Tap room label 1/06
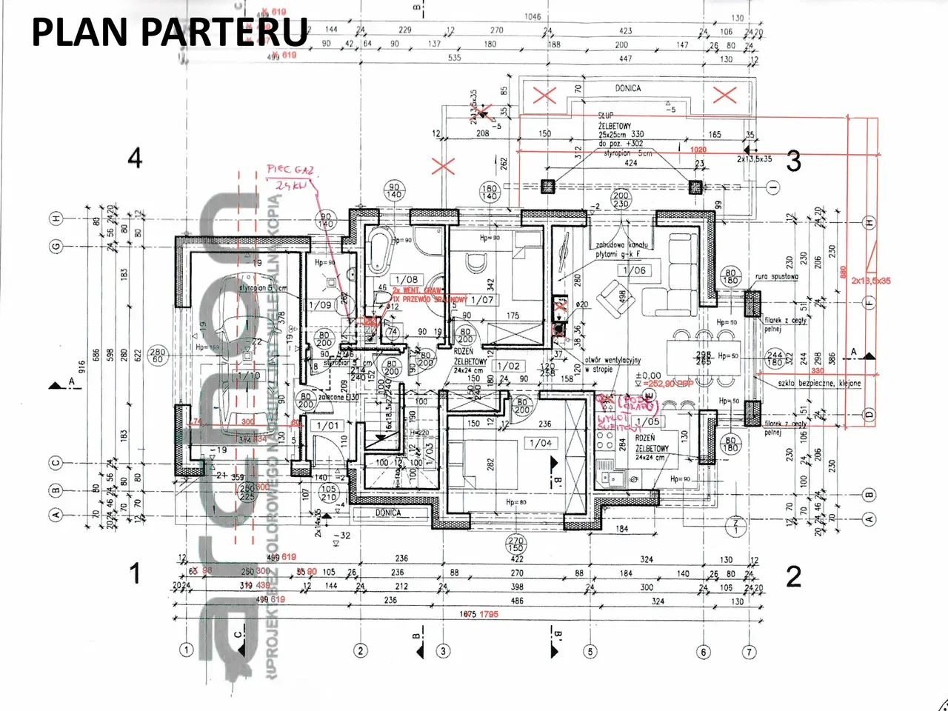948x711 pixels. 634,271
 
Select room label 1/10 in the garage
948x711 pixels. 250,376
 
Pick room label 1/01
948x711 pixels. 327,426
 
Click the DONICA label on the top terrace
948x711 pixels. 627,88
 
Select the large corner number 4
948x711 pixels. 135,158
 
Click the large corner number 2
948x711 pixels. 793,575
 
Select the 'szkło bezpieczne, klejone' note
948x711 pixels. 808,384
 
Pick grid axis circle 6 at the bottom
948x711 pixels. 704,652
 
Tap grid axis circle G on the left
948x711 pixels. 56,247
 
